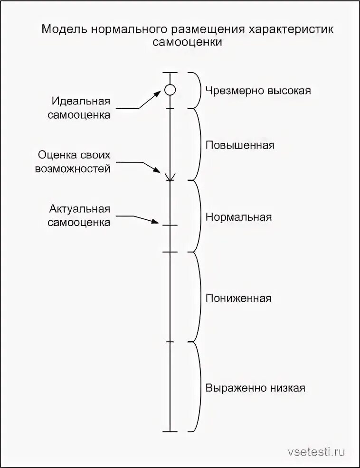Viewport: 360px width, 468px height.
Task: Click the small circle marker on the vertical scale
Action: point(170,89)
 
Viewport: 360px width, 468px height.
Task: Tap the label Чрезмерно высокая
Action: point(258,91)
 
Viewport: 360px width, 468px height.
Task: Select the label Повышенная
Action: point(240,145)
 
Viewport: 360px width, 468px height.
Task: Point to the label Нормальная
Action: point(238,217)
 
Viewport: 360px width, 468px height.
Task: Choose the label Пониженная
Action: point(238,299)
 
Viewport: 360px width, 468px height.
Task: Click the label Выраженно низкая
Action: point(255,388)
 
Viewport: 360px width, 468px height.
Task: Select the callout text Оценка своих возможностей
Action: point(75,162)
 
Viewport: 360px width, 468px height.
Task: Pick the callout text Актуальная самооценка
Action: point(79,215)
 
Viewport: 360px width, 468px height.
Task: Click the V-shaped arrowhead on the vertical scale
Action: point(170,178)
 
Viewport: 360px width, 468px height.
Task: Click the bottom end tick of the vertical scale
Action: point(170,431)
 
